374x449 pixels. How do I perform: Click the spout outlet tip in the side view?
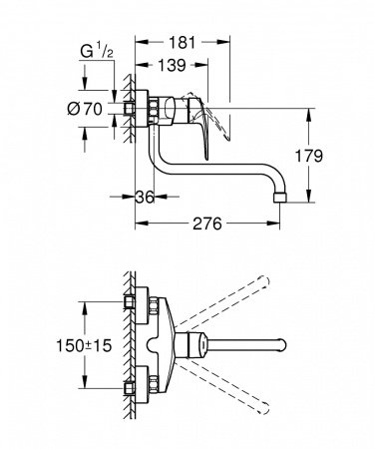tap(281, 191)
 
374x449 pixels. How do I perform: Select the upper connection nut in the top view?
tap(131, 301)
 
